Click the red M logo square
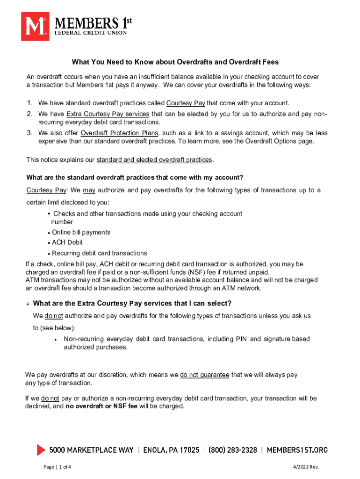coord(35,26)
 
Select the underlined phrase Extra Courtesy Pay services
coord(108,114)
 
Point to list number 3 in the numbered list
coord(29,133)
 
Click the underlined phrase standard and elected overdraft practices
coord(154,160)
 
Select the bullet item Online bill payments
coord(81,232)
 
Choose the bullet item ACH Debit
coord(67,243)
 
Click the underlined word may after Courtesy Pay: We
coord(89,190)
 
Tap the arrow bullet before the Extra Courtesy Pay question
coord(28,304)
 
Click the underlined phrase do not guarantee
coord(204,375)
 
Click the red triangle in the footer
coord(41,450)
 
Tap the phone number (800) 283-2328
coord(233,450)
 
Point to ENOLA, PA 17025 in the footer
coord(172,450)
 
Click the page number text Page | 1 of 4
coord(57,467)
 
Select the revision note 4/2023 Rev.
coord(306,467)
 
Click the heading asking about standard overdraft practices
coord(135,177)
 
